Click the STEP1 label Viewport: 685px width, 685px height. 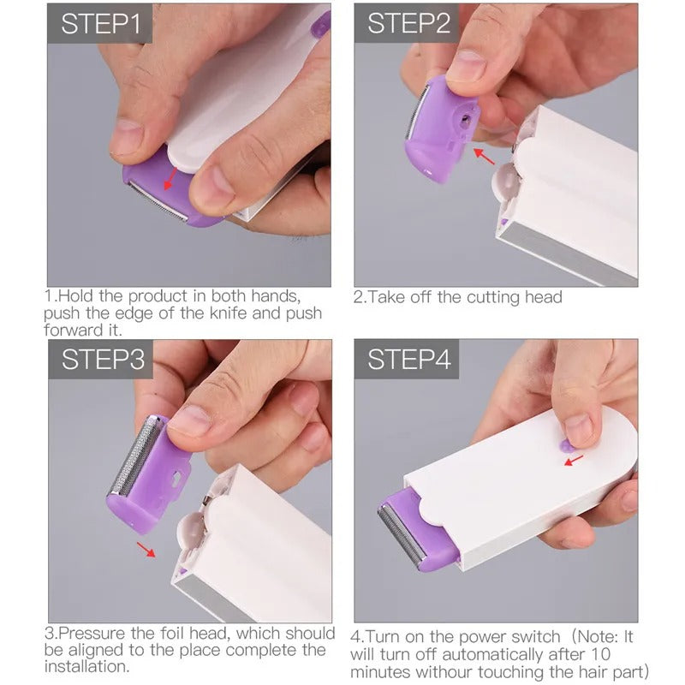(99, 24)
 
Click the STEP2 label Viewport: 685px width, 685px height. (408, 24)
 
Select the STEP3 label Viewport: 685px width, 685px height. (101, 360)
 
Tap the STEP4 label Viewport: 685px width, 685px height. (408, 360)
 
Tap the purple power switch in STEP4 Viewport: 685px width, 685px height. (568, 444)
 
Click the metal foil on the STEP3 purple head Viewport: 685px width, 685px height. (128, 458)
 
